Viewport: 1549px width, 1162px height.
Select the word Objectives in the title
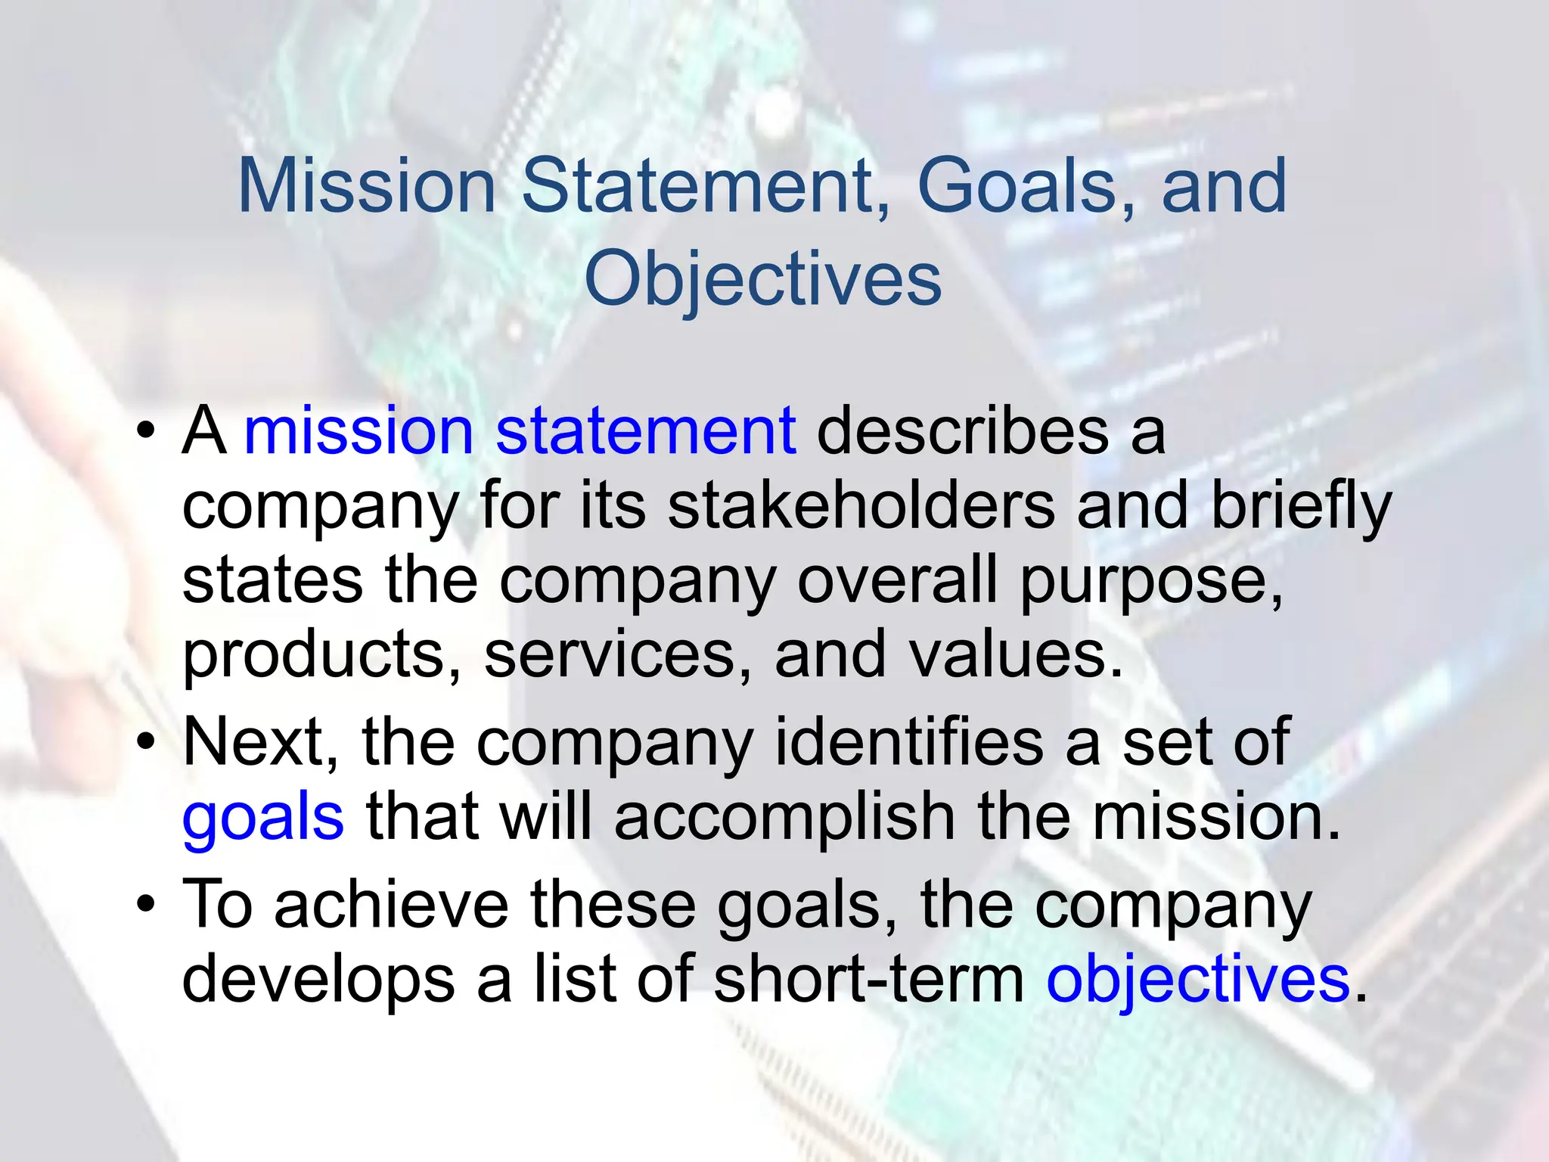coord(763,279)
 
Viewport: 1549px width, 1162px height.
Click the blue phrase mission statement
coord(520,431)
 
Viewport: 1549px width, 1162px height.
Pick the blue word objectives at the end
coord(1198,979)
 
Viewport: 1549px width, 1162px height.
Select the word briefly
coord(1302,507)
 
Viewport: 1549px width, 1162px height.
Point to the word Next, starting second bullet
coord(260,742)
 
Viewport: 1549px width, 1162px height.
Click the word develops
coord(318,980)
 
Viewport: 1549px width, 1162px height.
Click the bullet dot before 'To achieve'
coord(146,904)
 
